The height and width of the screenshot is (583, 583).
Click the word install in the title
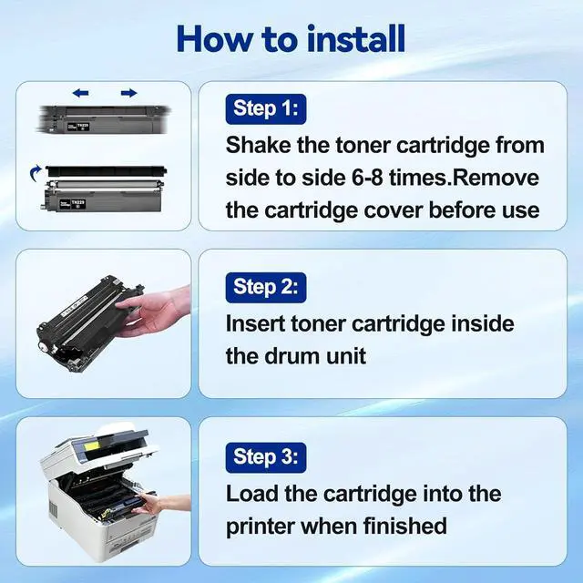pos(356,39)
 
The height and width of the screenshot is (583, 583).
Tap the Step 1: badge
pos(266,109)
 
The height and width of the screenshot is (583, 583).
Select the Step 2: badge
pos(266,288)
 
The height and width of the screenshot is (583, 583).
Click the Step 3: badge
pos(266,457)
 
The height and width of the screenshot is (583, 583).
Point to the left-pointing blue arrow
pos(81,93)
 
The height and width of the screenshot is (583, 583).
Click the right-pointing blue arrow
pos(129,93)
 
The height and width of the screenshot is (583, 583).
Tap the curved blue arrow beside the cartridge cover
pos(36,173)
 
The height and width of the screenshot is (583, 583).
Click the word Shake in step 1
pos(259,145)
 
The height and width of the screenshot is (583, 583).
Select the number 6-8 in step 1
pos(367,178)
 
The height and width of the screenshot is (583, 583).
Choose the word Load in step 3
pos(252,494)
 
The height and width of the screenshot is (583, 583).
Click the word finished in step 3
pos(404,526)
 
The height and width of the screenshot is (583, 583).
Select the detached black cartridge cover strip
pos(106,171)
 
